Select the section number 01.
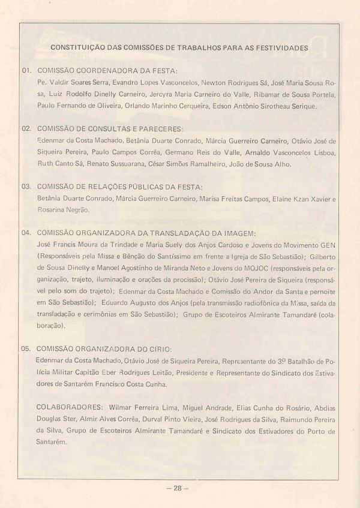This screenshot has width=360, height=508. [26, 70]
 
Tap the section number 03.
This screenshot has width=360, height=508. [26, 187]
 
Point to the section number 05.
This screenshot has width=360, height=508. [26, 348]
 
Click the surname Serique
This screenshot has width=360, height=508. [302, 106]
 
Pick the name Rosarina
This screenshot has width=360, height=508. [50, 210]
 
